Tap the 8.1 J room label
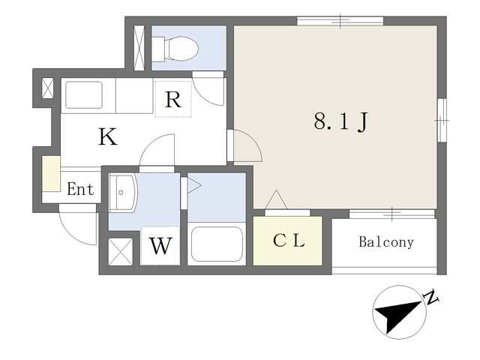coord(340,121)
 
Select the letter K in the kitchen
coord(108,136)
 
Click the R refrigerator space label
coord(173,100)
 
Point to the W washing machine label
coord(160,246)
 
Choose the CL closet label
coord(289,240)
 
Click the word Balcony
coord(386,241)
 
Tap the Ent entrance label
coord(80,189)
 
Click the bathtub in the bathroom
coord(217,244)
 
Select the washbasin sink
coord(122,192)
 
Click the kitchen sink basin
coord(84,94)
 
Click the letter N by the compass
coord(430,297)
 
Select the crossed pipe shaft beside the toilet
coord(139,48)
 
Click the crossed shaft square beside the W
coord(121,252)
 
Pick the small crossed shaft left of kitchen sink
coord(47,88)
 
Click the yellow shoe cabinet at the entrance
coord(51,174)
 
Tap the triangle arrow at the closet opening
coord(276,199)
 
